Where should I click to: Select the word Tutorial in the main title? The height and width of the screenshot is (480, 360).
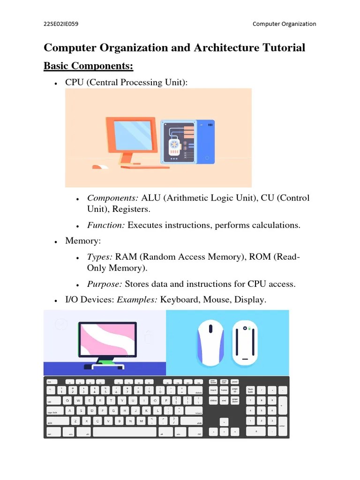click(284, 48)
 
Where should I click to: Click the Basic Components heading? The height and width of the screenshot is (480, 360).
click(89, 66)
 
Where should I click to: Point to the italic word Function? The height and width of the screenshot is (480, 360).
click(105, 225)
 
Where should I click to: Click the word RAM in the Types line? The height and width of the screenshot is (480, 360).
click(126, 257)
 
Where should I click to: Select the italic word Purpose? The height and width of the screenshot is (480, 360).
click(105, 284)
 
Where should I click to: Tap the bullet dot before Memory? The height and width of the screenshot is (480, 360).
click(56, 241)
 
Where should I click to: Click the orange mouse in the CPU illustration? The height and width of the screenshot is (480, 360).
click(99, 167)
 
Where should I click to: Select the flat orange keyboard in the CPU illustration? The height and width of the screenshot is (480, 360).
click(145, 167)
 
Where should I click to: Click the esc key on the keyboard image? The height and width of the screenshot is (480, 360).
click(50, 382)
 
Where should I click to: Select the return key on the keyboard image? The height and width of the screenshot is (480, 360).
click(198, 412)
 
